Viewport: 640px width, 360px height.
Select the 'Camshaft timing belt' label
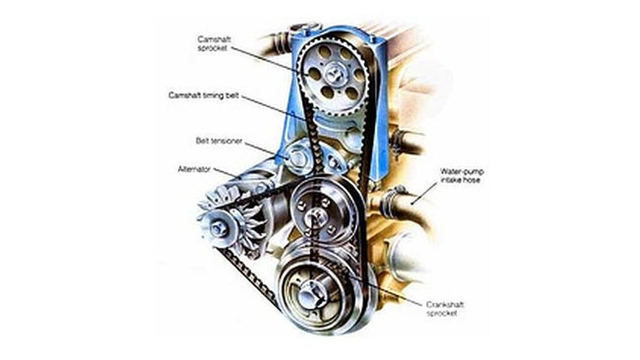pyautogui.click(x=204, y=95)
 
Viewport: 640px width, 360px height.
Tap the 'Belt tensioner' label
pyautogui.click(x=219, y=141)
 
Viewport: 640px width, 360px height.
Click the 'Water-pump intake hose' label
pyautogui.click(x=461, y=176)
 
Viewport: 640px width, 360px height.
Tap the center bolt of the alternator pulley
pyautogui.click(x=218, y=228)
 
